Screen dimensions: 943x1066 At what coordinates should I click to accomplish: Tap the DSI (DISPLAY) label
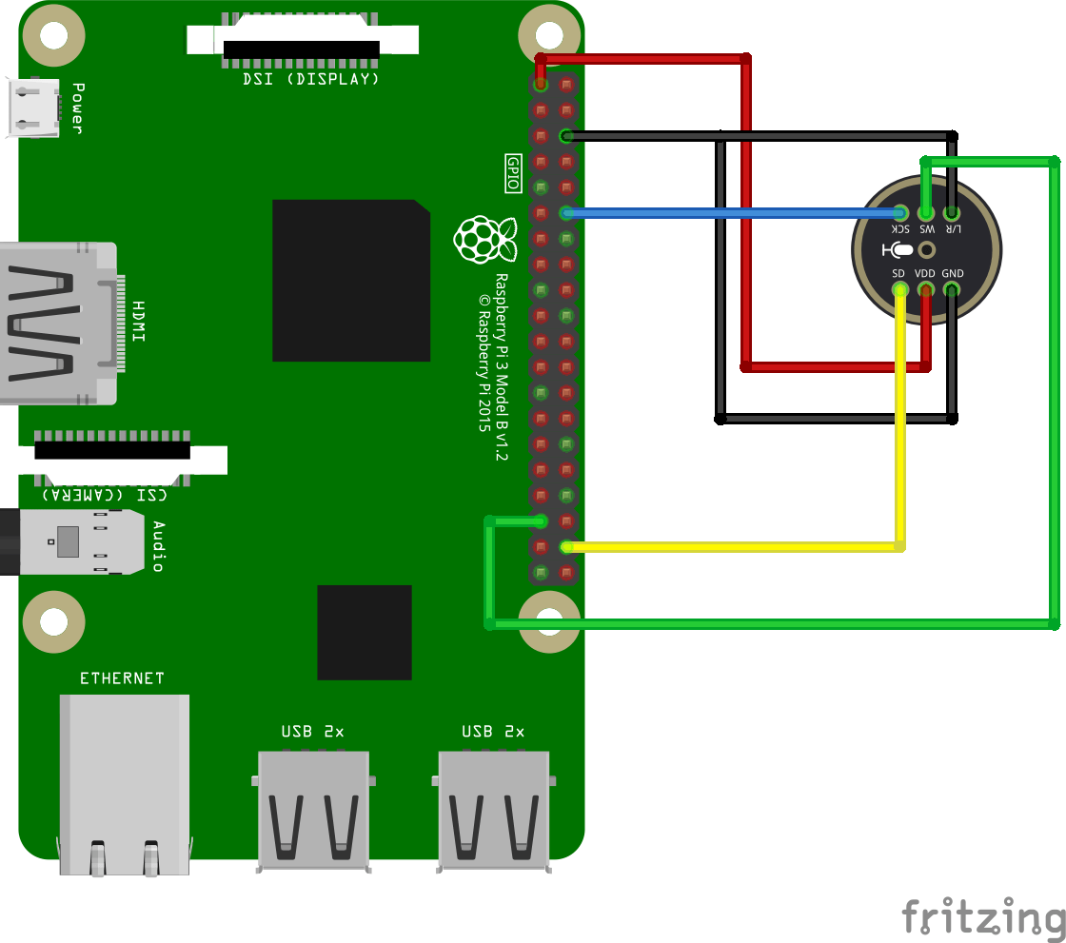point(311,79)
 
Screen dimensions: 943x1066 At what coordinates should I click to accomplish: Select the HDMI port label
point(139,323)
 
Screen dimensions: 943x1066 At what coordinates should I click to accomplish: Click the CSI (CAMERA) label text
point(104,495)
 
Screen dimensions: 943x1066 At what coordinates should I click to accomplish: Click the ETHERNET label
point(122,678)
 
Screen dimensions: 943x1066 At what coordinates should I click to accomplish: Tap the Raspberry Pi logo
point(484,239)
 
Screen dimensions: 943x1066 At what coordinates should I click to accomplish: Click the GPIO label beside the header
point(513,174)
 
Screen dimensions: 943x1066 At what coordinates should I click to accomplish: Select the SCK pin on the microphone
point(899,213)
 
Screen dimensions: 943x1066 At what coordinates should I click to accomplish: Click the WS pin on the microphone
point(926,213)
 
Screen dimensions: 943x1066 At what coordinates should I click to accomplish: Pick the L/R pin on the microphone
point(952,213)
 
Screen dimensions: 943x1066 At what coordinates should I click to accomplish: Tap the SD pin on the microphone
point(899,288)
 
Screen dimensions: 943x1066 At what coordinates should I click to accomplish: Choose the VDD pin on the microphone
point(925,288)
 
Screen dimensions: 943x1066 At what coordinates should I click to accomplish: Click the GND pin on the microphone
point(952,288)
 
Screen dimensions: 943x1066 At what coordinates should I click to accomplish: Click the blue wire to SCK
point(733,213)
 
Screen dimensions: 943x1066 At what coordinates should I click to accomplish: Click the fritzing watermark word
point(983,917)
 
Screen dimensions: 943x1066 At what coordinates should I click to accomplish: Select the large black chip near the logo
point(351,280)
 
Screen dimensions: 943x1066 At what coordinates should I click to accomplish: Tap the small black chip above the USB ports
point(365,632)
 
